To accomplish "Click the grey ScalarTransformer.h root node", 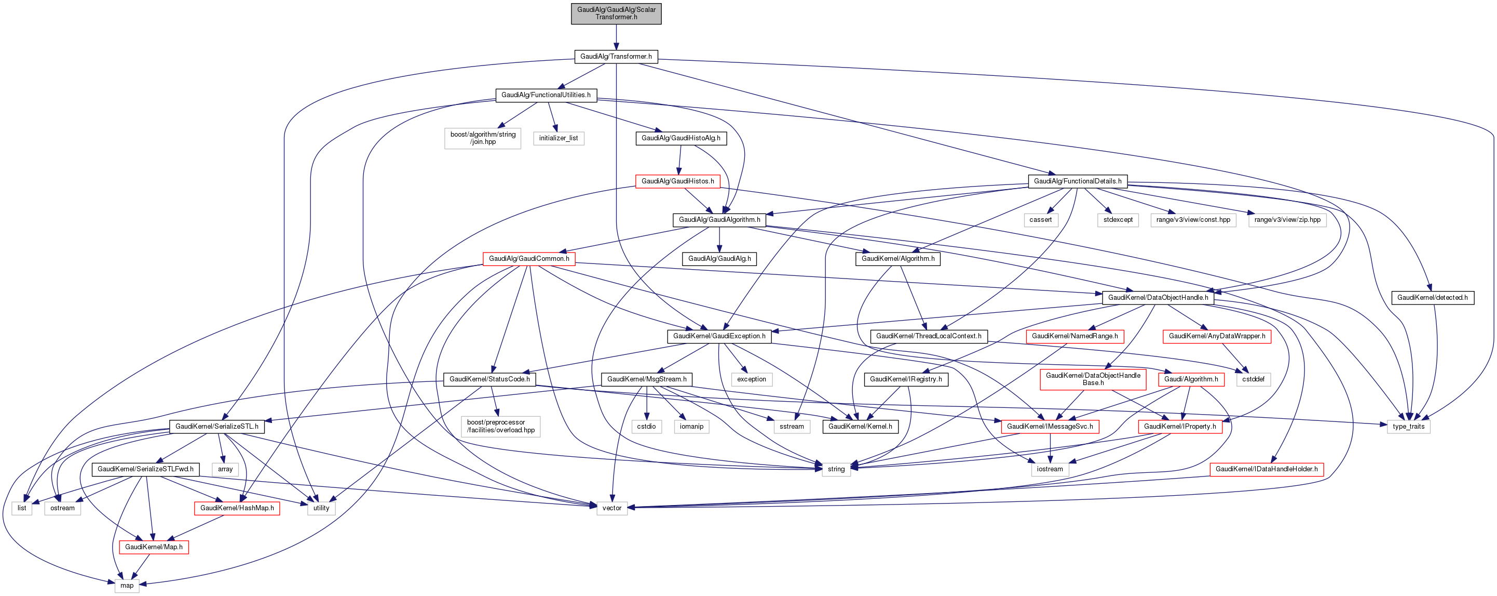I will (x=616, y=14).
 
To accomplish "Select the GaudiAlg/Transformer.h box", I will (x=616, y=57).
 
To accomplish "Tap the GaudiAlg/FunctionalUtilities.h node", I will (x=546, y=95).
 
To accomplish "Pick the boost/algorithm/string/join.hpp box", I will (x=482, y=138).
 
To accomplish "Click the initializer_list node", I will (x=558, y=138).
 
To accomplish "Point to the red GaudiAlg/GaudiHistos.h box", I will (x=677, y=181).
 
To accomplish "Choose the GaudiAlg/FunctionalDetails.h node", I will (x=1078, y=181).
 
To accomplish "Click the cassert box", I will (x=1040, y=220).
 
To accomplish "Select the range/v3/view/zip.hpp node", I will (x=1287, y=220).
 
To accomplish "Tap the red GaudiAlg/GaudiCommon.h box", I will (x=529, y=259).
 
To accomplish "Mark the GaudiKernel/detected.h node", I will (x=1432, y=298).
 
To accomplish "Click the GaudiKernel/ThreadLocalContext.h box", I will (x=928, y=336).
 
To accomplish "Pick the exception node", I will (x=752, y=379).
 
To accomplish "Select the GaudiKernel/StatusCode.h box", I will (x=489, y=379).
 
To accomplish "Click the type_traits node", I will (x=1408, y=426).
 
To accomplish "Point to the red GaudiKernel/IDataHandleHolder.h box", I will (x=1267, y=469).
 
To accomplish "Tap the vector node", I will (x=611, y=508).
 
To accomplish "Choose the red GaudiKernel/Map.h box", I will (x=154, y=547).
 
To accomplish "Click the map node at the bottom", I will (x=127, y=586).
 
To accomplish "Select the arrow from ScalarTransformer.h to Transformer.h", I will (x=616, y=37).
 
